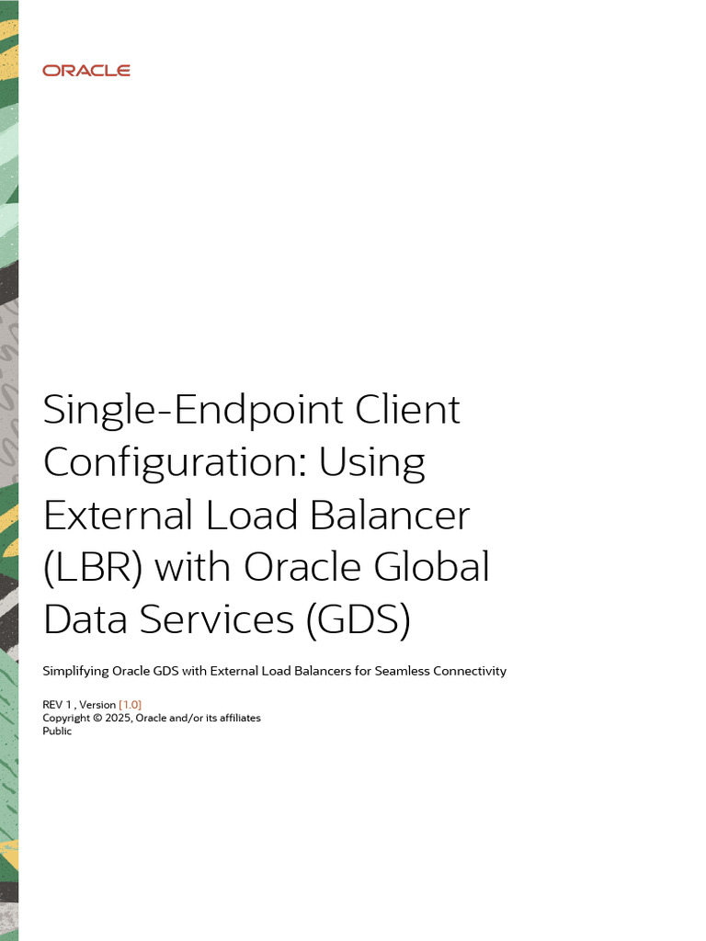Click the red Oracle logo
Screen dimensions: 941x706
point(86,71)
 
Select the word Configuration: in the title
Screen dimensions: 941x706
point(174,462)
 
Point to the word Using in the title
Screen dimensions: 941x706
point(372,462)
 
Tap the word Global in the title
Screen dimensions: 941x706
point(431,567)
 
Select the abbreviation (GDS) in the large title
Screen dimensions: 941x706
point(358,619)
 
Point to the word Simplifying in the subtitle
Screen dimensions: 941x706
point(74,672)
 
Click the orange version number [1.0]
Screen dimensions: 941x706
point(130,704)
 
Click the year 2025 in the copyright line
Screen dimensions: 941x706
point(118,718)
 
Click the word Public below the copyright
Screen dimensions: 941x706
point(57,731)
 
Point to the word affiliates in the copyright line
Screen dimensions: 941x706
point(236,718)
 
